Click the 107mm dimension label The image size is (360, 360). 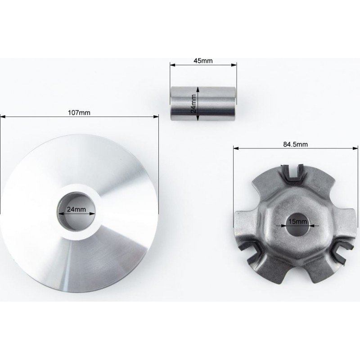79,113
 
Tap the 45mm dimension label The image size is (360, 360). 203,61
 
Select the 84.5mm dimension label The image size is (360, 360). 296,144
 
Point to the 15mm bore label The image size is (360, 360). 298,221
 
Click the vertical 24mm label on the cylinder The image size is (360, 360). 194,103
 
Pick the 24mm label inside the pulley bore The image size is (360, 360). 76,209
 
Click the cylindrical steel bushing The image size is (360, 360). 203,103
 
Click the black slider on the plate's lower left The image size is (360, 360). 250,250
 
